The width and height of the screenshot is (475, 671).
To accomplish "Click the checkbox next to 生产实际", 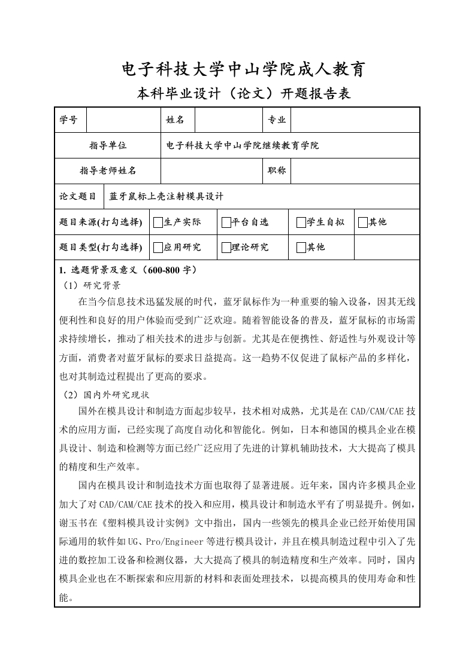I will (x=158, y=222).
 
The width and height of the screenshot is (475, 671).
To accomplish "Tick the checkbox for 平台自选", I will (x=226, y=222).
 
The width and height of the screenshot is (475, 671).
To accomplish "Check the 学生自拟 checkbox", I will (x=301, y=222).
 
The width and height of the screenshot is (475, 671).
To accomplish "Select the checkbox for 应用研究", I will (x=158, y=248).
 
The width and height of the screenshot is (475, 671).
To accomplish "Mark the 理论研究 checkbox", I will (x=226, y=248).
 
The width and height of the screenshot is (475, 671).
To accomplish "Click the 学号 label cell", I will (x=69, y=120).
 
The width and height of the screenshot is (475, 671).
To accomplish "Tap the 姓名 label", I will (x=175, y=120).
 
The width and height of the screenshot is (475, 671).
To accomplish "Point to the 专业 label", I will (x=277, y=120).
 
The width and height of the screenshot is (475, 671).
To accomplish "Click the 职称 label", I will (x=277, y=170).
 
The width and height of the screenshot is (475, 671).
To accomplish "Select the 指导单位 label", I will (x=108, y=145).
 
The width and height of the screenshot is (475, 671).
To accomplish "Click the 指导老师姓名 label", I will (x=108, y=170).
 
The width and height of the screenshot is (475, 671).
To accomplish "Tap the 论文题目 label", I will (x=78, y=196).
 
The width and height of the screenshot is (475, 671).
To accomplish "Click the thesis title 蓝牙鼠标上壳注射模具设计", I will (x=166, y=196).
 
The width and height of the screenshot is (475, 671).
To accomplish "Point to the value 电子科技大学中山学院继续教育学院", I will (x=242, y=145).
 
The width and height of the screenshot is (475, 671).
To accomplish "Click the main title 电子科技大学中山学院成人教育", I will (x=243, y=70).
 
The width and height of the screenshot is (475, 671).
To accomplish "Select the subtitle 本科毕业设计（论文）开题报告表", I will (x=243, y=94).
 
